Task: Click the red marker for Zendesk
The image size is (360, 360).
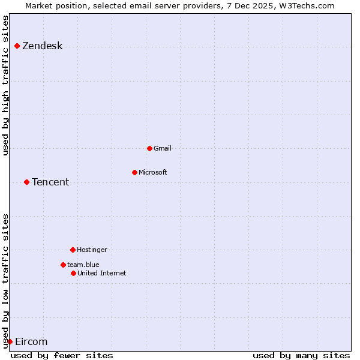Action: pyautogui.click(x=17, y=46)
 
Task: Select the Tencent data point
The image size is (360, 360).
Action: pyautogui.click(x=26, y=182)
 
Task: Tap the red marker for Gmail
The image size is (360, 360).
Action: pyautogui.click(x=149, y=148)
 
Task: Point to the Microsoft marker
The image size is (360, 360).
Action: pyautogui.click(x=134, y=172)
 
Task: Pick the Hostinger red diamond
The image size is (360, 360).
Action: pyautogui.click(x=73, y=250)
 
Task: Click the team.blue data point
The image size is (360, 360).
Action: pyautogui.click(x=63, y=265)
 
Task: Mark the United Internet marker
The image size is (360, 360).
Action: pyautogui.click(x=73, y=273)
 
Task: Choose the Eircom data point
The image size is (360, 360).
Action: pyautogui.click(x=10, y=341)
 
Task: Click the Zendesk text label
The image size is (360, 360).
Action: pyautogui.click(x=43, y=46)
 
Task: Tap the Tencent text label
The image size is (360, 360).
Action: pyautogui.click(x=50, y=182)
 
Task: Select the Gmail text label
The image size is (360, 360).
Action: pyautogui.click(x=163, y=148)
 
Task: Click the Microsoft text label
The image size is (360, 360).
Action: pyautogui.click(x=153, y=172)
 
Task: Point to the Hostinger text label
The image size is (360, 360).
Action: pyautogui.click(x=92, y=250)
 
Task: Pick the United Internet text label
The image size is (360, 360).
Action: pyautogui.click(x=102, y=273)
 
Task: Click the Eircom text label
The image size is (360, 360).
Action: pyautogui.click(x=31, y=341)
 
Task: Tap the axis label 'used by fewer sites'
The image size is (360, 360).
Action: pyautogui.click(x=62, y=355)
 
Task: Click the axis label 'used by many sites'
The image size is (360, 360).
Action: pyautogui.click(x=301, y=355)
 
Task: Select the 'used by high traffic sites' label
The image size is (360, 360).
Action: pyautogui.click(x=5, y=85)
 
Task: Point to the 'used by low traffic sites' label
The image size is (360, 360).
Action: pyautogui.click(x=5, y=281)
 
